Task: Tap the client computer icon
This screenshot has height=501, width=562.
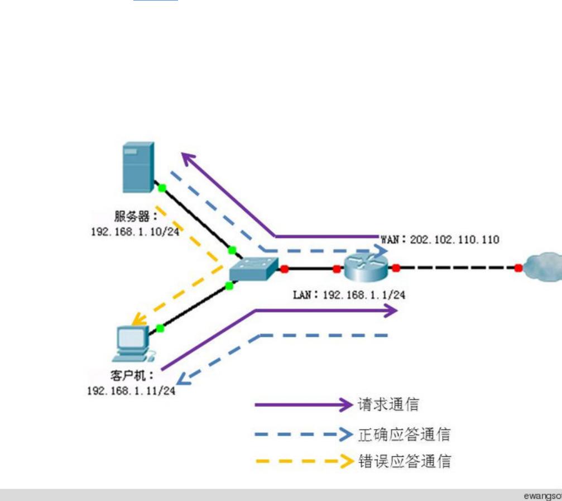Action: [133, 343]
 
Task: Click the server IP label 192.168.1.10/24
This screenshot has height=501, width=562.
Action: [136, 231]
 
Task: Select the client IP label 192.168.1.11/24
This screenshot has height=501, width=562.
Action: [131, 390]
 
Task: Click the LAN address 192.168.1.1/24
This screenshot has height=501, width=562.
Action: [363, 294]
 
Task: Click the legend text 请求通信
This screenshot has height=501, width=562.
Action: [388, 404]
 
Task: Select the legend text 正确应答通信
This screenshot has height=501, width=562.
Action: [404, 433]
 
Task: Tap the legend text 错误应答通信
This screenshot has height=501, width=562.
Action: [404, 462]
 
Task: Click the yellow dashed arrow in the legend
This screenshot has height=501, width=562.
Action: [304, 462]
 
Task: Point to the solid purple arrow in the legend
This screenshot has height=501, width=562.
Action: [304, 404]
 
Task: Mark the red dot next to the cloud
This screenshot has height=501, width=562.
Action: [518, 268]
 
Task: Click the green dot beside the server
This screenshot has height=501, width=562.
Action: [161, 189]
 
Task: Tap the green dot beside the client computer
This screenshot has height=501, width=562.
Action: [160, 328]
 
